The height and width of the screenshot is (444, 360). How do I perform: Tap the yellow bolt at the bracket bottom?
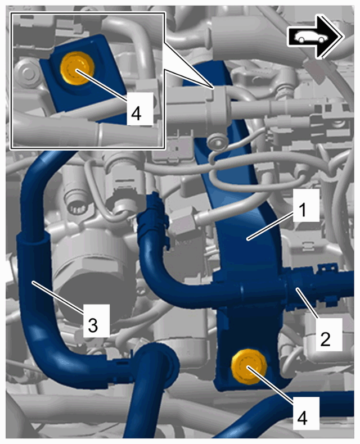249,366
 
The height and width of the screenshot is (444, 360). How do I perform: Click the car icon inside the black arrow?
311,37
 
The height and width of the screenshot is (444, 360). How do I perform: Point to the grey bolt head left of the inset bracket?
26,73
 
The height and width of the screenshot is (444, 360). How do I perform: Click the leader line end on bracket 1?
248,240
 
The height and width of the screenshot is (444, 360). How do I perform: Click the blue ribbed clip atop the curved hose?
155,211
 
